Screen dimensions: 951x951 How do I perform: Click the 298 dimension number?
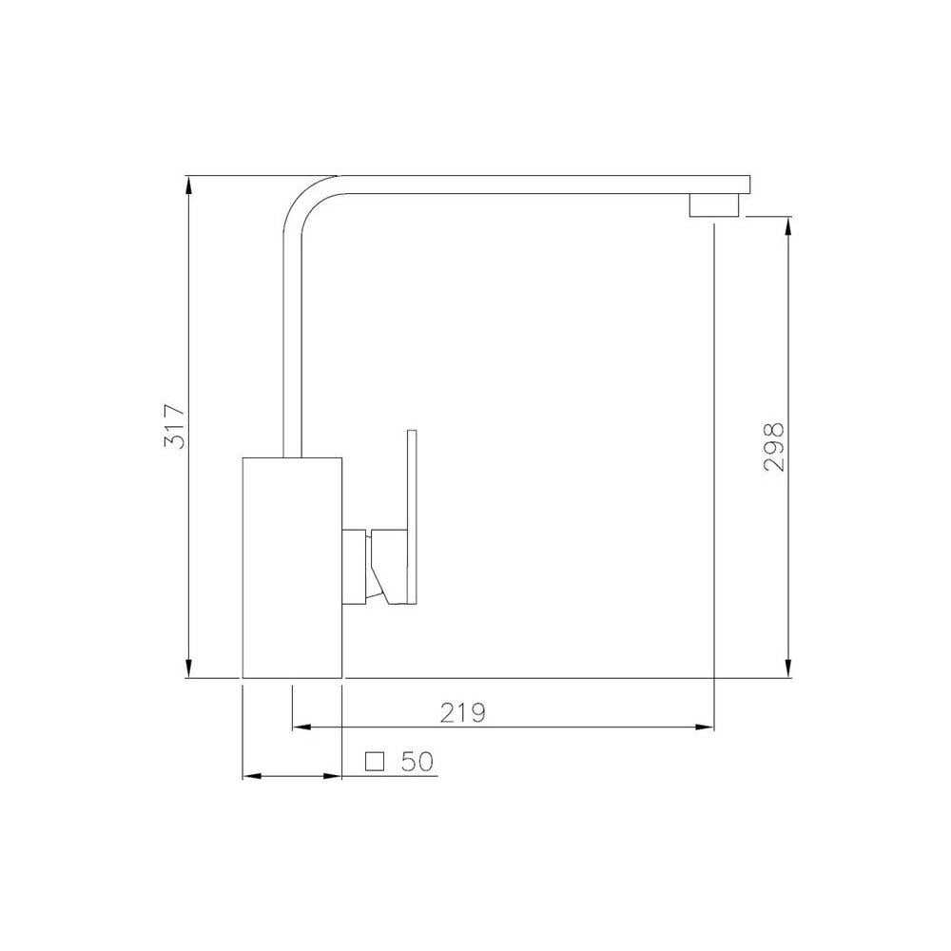tap(773, 448)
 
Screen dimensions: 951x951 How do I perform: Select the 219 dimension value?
tap(463, 712)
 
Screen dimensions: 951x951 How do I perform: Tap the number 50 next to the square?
tap(417, 761)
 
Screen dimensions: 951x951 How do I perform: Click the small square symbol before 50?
tap(376, 761)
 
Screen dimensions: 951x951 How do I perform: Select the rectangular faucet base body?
tap(292, 568)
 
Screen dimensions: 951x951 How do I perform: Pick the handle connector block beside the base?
tap(356, 565)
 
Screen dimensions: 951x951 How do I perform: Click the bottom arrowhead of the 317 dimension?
tap(189, 668)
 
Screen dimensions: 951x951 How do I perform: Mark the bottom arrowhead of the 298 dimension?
tap(787, 669)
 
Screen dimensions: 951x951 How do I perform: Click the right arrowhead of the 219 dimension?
tap(705, 728)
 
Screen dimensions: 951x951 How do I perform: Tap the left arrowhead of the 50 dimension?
tap(252, 777)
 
